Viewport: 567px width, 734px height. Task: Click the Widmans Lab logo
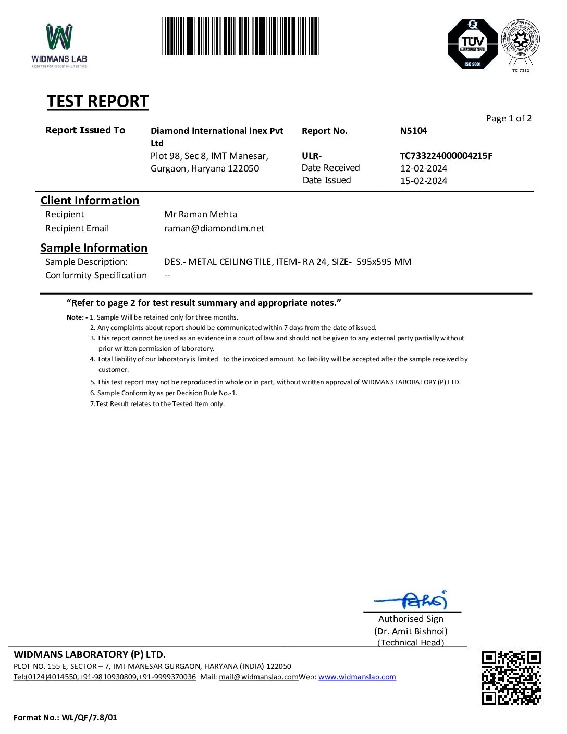(59, 45)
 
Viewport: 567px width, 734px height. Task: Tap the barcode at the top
(240, 36)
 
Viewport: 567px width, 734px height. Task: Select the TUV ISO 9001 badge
(473, 44)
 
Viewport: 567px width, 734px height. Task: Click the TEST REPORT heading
(97, 101)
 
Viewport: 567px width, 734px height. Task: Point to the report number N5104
(413, 131)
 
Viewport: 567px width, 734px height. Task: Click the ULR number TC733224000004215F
(446, 156)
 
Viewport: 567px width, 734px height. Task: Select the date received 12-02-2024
(423, 168)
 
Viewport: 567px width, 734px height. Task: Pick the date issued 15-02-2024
(423, 181)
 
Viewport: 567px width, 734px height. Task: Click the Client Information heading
(90, 201)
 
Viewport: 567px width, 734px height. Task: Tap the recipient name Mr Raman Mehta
(200, 214)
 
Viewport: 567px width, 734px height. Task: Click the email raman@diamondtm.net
(214, 228)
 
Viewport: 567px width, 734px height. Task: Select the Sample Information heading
(94, 248)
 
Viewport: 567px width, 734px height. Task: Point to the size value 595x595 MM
(384, 262)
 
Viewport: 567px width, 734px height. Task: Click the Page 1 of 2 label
(508, 118)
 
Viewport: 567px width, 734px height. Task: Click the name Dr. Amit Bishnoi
(411, 631)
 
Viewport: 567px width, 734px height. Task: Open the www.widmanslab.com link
(357, 677)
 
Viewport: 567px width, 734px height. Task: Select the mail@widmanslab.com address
(258, 677)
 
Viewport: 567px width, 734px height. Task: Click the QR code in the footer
(511, 678)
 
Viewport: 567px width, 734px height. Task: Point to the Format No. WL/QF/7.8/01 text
(65, 718)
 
